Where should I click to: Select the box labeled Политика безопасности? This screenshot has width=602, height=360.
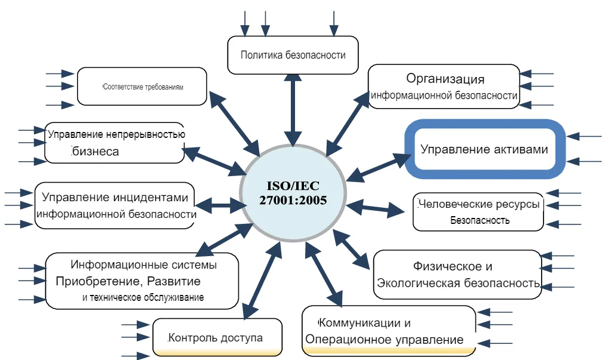pos(293,55)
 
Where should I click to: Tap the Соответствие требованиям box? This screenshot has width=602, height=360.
pos(142,87)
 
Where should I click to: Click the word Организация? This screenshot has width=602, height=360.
pos(445,78)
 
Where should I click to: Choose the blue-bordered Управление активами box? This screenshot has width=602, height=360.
pos(484,149)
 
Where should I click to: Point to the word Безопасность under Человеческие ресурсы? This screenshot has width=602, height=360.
pos(480,220)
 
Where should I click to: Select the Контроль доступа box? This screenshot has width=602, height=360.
pos(216,338)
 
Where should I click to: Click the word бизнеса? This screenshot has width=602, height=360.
pos(96,151)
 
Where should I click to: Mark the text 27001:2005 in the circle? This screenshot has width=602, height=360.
pos(293,200)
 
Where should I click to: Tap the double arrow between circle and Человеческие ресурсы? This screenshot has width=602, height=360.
pos(376,208)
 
